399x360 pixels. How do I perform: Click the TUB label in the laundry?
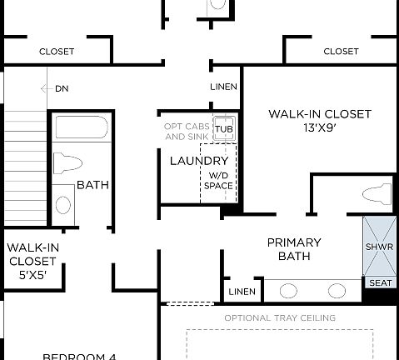[x=223, y=129]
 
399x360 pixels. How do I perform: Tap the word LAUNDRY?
[x=199, y=160]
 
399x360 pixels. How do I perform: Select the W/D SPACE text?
[x=218, y=181]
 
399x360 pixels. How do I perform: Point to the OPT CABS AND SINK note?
[x=187, y=131]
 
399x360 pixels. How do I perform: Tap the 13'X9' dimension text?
[x=319, y=128]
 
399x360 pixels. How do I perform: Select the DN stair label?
[x=62, y=88]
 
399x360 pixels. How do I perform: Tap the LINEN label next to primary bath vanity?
[x=242, y=292]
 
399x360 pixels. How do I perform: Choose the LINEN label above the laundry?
[x=224, y=87]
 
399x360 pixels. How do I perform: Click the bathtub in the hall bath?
[x=81, y=128]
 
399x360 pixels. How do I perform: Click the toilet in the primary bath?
[x=376, y=196]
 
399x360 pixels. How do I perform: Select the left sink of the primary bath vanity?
[x=289, y=291]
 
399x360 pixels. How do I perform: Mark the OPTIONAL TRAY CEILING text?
[x=280, y=317]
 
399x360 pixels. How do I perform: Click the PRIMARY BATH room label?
[x=294, y=249]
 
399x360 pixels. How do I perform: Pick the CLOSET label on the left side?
[x=57, y=52]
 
